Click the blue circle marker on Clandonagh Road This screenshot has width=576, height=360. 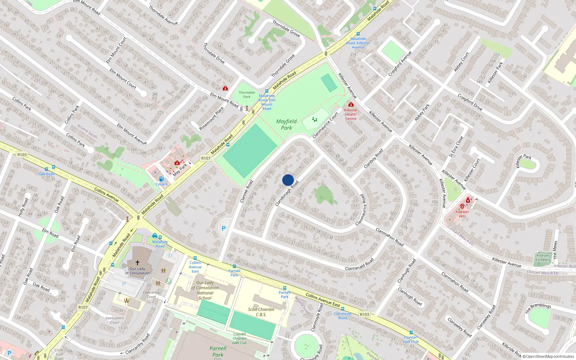288,180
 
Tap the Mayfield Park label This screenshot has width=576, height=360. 287,125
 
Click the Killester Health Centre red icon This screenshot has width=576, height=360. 351,104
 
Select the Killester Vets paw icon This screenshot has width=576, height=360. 462,206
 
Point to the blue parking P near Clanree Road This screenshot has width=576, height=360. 224,228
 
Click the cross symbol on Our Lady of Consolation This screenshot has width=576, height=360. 137,263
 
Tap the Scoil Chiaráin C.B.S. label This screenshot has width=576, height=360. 261,312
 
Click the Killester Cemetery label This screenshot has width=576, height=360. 543,257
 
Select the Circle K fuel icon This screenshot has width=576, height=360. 161,179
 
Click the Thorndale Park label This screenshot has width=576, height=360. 247,95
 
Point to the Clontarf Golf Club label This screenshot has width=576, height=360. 411,339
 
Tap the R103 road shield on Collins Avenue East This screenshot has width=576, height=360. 364,314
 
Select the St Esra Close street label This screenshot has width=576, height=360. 456,147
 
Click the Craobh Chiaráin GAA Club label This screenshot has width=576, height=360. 239,338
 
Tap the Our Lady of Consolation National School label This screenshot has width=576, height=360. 205,290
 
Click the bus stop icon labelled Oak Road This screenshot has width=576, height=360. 46,169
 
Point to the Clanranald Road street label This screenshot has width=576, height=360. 359,264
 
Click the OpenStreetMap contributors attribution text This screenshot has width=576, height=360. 550,357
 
